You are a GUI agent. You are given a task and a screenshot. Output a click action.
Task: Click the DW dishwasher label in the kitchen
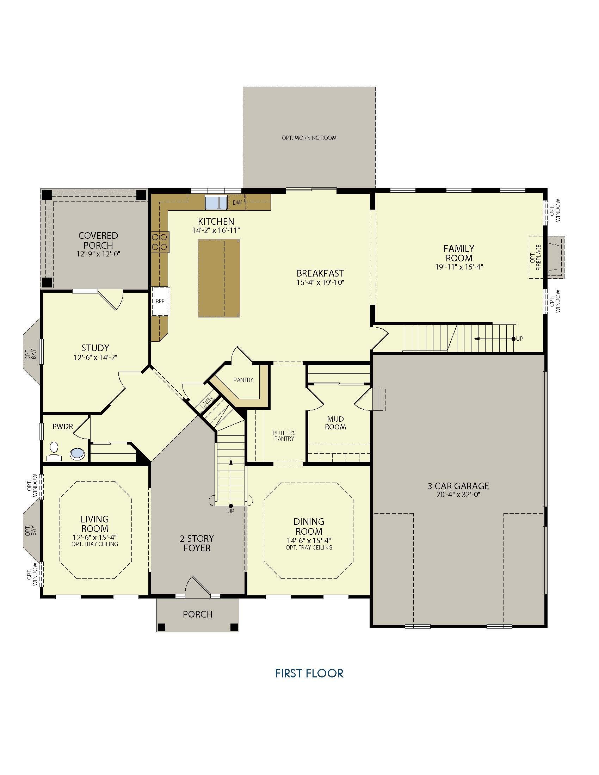coord(237,203)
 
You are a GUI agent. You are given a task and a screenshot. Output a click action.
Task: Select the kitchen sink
coord(216,203)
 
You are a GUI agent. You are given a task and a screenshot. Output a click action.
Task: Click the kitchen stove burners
coord(160,242)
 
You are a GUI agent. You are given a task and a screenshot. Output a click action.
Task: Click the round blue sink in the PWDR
coord(78,454)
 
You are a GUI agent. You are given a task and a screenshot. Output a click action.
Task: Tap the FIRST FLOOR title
coord(309,673)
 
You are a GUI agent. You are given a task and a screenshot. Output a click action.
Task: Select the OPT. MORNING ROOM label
coord(309,138)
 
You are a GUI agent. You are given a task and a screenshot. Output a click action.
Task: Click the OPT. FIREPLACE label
coord(535,258)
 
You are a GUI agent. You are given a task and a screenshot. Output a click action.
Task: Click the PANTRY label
coord(243,380)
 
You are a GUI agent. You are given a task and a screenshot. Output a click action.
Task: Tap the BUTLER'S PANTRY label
coord(284,436)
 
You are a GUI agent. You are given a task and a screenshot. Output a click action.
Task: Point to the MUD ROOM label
coord(335,423)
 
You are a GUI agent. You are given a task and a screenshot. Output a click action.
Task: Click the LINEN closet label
coord(206,403)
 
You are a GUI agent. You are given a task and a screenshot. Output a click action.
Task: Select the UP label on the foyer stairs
coord(231,511)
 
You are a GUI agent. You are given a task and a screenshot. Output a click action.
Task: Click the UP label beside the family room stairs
coord(519,339)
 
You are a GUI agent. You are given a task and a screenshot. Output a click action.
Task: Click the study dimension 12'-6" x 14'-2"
coord(95,358)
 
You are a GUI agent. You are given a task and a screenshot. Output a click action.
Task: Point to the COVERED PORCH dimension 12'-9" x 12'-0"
coord(98,254)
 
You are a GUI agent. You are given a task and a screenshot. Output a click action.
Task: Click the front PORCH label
coord(198,614)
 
